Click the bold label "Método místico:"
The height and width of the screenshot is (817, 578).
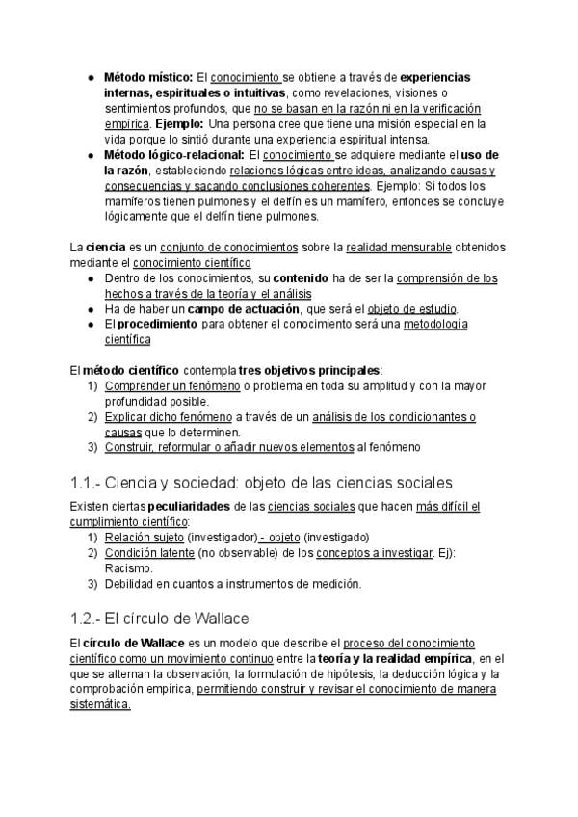(148, 76)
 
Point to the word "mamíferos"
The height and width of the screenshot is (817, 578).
(133, 201)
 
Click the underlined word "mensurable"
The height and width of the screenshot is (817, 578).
(399, 248)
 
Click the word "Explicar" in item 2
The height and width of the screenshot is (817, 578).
(127, 416)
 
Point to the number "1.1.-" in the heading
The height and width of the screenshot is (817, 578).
(88, 481)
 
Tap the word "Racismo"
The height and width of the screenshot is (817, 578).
(127, 568)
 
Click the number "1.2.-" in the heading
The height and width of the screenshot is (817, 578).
(88, 619)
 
